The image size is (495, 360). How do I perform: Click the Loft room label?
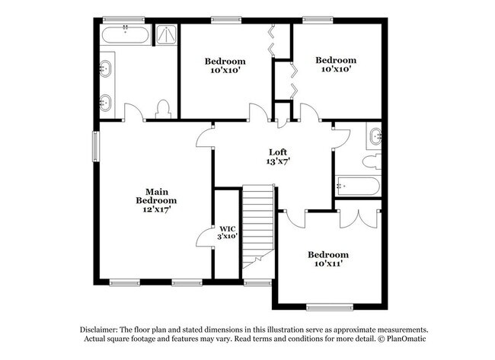pos(277,151)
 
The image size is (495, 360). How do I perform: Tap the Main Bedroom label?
pos(151,196)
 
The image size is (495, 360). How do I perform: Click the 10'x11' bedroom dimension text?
pos(328,265)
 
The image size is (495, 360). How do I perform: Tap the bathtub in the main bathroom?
pos(124,35)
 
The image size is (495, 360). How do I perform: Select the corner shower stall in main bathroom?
pos(164,35)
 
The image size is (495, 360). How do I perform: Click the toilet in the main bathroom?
pos(163,108)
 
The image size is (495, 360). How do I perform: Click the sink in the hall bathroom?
pos(375,138)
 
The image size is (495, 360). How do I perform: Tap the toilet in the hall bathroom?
pos(372,161)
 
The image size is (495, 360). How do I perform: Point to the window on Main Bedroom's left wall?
pos(97,147)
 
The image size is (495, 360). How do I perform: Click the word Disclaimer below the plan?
pos(104,328)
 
